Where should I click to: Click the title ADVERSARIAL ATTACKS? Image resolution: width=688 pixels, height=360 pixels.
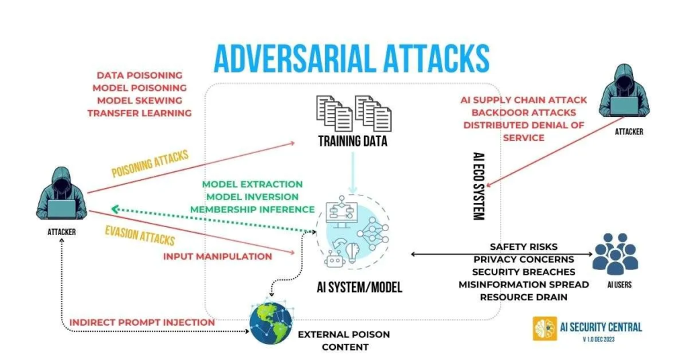click(x=351, y=58)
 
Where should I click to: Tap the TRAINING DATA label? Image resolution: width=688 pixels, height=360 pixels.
click(x=353, y=142)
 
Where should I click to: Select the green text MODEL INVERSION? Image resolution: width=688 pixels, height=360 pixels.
click(x=253, y=196)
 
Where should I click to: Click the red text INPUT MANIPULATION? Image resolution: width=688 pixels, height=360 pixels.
click(x=218, y=256)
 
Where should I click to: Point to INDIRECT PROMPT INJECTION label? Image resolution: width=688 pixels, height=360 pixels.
click(x=142, y=322)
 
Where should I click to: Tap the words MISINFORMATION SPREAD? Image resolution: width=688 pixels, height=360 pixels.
click(x=524, y=284)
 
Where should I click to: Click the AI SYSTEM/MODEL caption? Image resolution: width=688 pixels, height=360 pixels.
click(x=359, y=287)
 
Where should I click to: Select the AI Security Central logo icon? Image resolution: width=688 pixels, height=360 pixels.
click(x=545, y=328)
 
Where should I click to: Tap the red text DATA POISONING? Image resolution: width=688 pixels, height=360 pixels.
click(x=139, y=75)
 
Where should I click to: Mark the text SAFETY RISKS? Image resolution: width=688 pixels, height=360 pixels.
click(x=523, y=246)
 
